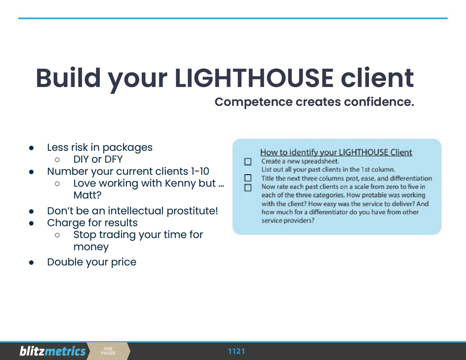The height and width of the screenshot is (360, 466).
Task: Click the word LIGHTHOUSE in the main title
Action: point(254,78)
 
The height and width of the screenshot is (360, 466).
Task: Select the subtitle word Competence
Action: point(253,102)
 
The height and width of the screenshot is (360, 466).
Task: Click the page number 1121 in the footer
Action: point(236,351)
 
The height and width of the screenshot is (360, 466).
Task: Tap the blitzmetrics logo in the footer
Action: point(53,351)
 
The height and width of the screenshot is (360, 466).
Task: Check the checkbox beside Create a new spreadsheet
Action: point(248,162)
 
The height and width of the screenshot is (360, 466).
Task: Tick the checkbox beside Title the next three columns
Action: point(248,178)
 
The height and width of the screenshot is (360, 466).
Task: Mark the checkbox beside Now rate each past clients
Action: point(248,187)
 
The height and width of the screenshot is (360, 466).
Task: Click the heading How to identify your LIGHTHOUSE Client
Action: point(336,153)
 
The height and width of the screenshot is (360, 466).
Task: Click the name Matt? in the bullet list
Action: point(87,195)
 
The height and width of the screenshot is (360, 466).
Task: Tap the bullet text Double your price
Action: point(92,262)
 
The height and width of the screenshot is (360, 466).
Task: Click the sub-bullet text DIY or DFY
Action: point(98,159)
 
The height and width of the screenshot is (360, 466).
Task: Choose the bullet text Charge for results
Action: point(92,223)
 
